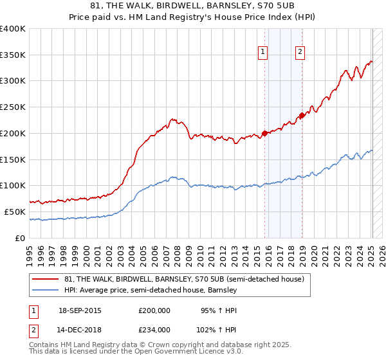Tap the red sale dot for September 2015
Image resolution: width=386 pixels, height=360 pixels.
point(264,134)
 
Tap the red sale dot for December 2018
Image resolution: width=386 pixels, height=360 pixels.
point(301,116)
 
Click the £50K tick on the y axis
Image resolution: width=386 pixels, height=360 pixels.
point(15,212)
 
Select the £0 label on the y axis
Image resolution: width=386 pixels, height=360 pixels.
point(21,238)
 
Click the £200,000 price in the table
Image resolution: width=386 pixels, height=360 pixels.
point(154,310)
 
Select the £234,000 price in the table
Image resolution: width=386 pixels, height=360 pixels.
point(154,329)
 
